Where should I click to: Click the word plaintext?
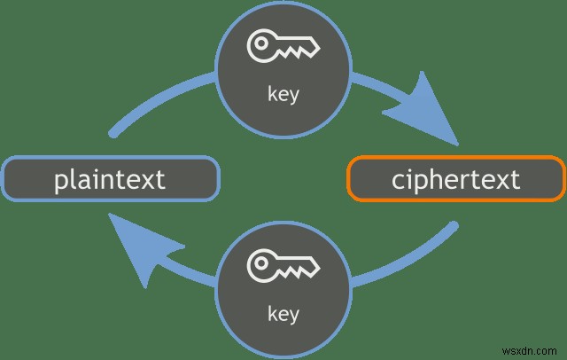(x=110, y=179)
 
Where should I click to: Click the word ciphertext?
(x=455, y=179)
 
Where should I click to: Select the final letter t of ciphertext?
(x=515, y=179)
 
